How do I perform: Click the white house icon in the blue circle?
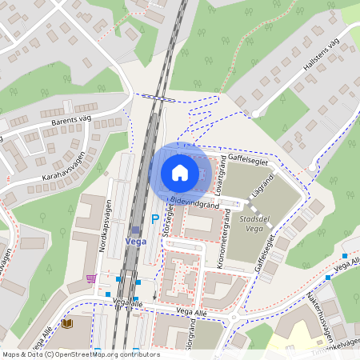pyautogui.click(x=179, y=173)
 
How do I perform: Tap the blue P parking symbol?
pyautogui.click(x=155, y=218)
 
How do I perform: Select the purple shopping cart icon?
pyautogui.click(x=91, y=278)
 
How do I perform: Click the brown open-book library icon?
pyautogui.click(x=67, y=324)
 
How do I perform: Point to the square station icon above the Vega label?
pyautogui.click(x=135, y=230)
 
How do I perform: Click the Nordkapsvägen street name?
pyautogui.click(x=102, y=226)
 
